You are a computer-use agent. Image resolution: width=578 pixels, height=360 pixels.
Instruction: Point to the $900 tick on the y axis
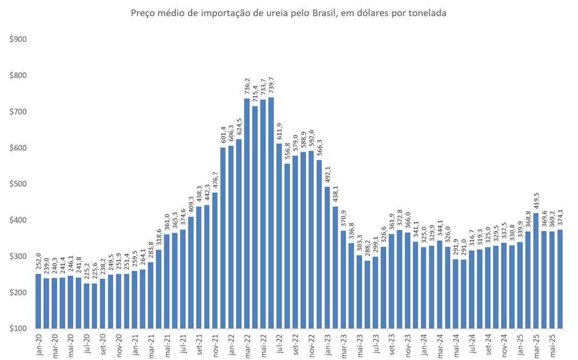tap(19, 39)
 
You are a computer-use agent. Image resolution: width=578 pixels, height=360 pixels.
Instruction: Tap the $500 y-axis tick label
tap(19, 184)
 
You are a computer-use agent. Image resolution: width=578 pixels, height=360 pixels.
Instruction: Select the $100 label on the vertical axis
tap(19, 329)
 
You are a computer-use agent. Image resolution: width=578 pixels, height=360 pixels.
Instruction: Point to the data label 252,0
tap(38, 263)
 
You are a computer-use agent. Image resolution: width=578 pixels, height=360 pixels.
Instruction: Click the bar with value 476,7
tap(215, 260)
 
